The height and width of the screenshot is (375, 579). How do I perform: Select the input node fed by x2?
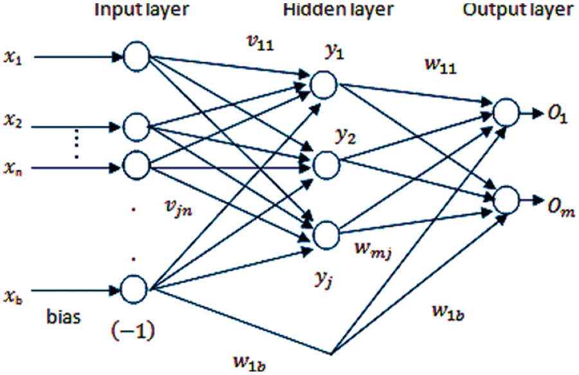[136, 127]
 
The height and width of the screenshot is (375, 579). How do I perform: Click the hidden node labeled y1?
[324, 83]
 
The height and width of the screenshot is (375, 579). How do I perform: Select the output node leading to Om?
[506, 199]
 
